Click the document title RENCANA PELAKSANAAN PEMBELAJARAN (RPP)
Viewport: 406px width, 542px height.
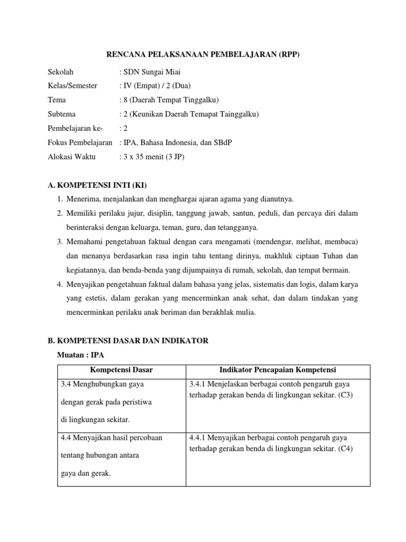coord(204,55)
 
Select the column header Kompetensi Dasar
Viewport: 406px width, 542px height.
coord(121,369)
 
